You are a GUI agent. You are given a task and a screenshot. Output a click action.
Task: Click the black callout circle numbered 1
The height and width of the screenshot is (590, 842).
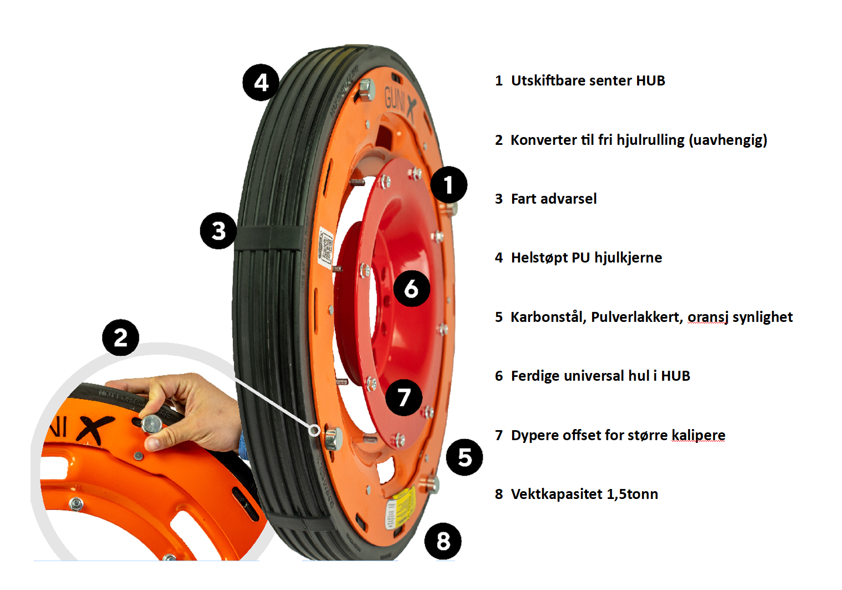coord(448,185)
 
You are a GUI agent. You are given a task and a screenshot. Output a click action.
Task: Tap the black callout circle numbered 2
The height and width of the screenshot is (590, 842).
coord(121,337)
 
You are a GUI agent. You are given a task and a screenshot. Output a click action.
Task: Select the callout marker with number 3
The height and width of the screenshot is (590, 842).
coord(218,231)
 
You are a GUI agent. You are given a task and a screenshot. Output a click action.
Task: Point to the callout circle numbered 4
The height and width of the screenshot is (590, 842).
coord(261,83)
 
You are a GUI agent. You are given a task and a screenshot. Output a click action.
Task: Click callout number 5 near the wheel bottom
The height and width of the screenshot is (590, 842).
coord(464,457)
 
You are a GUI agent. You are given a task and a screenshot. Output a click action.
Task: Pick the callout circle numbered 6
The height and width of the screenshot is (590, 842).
coord(411,289)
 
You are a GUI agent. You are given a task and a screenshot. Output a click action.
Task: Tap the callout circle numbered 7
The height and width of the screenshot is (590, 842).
coord(404,397)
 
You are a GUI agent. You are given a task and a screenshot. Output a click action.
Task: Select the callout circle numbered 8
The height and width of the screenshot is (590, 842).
coord(443,541)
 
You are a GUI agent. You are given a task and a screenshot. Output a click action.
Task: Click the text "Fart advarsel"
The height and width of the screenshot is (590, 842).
coord(553,199)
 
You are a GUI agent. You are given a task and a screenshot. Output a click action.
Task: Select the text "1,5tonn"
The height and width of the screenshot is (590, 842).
coord(632,494)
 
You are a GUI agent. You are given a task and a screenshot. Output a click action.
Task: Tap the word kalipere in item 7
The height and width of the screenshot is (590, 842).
coord(698,435)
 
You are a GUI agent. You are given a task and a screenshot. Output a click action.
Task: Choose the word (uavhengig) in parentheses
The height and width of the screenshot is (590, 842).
coord(728,140)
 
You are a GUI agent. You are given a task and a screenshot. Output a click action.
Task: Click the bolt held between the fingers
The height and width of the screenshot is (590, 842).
coord(151,425)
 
